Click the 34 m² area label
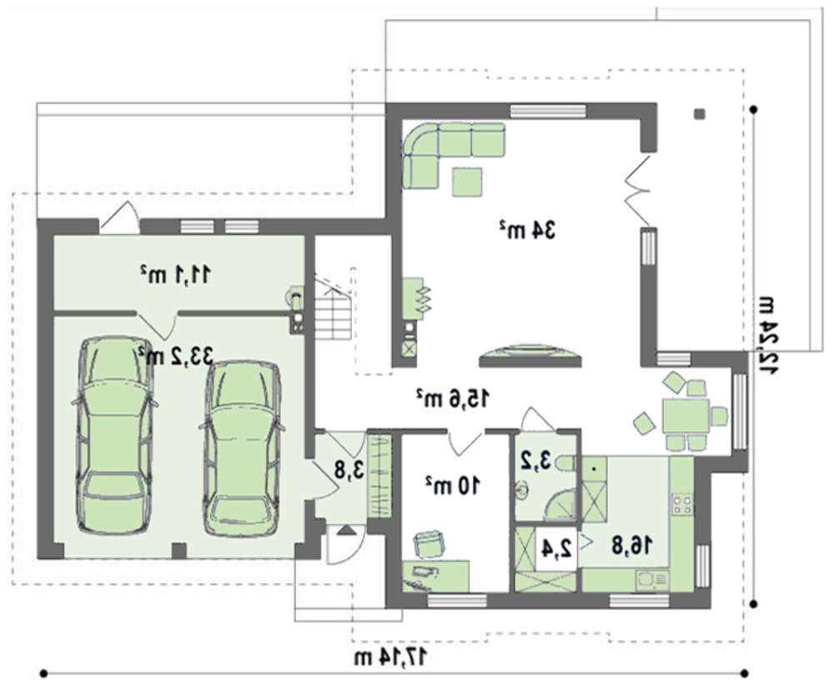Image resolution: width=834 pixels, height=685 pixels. click(527, 230)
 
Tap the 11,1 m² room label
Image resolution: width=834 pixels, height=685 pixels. click(175, 274)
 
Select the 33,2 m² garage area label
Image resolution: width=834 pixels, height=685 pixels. click(175, 355)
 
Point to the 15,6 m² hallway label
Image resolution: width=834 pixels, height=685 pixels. click(452, 397)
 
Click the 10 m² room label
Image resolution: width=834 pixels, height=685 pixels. click(453, 485)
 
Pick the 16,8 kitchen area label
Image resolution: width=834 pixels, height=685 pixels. click(632, 545)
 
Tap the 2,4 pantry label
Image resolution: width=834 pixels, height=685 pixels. click(556, 547)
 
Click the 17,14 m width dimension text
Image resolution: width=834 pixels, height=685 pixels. click(391, 657)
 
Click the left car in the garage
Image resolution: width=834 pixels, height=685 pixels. click(114, 435)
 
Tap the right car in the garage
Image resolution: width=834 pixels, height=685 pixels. click(242, 449)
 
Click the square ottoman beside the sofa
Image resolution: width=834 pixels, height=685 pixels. click(468, 182)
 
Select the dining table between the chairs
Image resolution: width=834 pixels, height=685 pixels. click(685, 416)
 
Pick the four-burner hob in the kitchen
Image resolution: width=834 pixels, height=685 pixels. click(682, 504)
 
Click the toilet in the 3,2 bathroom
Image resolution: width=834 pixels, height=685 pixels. click(565, 463)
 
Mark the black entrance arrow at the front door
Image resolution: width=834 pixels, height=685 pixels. click(345, 530)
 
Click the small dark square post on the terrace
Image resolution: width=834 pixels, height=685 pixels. click(700, 113)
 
